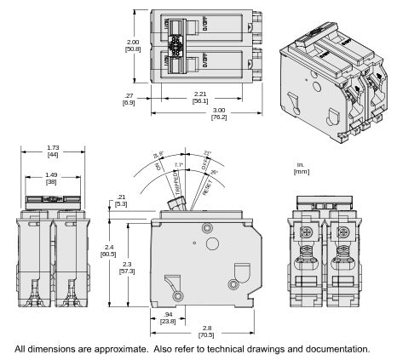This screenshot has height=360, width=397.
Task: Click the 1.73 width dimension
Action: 52,150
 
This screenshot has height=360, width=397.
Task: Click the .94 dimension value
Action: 169,314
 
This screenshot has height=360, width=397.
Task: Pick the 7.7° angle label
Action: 178,164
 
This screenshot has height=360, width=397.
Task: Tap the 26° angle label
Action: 213,173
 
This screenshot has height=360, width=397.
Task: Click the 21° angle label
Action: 208,153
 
